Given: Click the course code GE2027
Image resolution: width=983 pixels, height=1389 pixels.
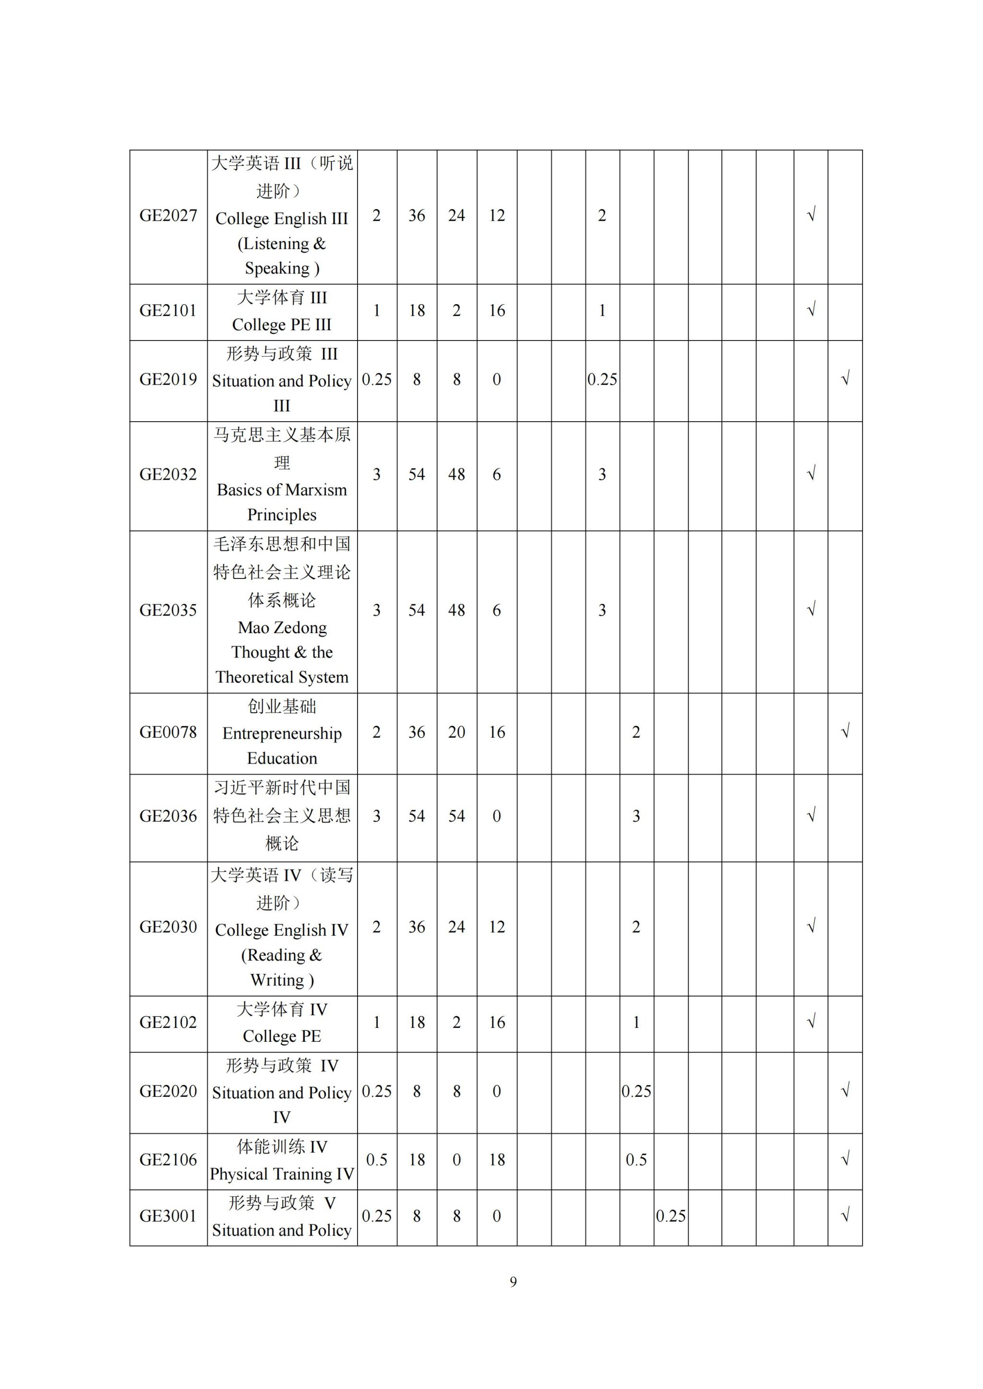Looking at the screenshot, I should pos(168,215).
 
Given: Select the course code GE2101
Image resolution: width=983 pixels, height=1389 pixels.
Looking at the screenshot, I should pos(168,310).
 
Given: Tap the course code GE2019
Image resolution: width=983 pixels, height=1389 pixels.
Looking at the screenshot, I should pos(168,379).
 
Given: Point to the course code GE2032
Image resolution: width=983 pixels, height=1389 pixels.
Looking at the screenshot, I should pos(168,474).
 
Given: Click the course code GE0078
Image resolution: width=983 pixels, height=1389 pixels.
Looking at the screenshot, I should pos(168,732).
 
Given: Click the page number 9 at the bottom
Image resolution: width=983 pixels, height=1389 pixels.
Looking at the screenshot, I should pos(513,1282).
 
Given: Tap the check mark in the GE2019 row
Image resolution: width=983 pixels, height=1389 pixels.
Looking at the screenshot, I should pos(846,379).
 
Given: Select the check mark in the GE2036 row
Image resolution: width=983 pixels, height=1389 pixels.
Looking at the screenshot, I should pos(811,815).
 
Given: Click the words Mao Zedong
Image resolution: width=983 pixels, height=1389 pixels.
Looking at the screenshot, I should pos(282,627).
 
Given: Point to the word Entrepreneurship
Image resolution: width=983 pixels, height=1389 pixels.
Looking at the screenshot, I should pos(282,733).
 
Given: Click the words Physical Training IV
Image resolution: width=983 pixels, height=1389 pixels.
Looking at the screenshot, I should pos(282,1174).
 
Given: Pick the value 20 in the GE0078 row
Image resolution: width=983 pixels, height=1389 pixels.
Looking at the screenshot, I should pos(456,732).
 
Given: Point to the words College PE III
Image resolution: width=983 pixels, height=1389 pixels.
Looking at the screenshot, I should pos(282,324).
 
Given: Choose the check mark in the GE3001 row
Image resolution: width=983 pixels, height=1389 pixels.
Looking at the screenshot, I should pos(846,1215).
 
